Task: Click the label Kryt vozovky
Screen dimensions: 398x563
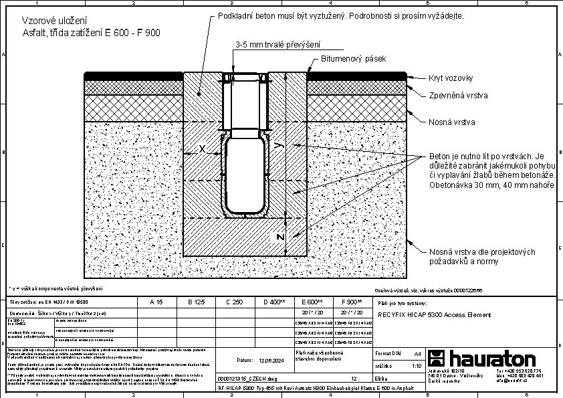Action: [450, 79]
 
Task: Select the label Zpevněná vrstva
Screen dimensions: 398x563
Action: [458, 96]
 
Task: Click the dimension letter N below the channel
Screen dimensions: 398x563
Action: [281, 236]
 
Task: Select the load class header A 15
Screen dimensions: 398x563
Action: [156, 302]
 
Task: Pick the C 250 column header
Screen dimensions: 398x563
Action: [233, 302]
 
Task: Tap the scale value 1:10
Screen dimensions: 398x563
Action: [415, 366]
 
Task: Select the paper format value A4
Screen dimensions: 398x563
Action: [417, 353]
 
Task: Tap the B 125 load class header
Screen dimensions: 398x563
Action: [195, 302]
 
